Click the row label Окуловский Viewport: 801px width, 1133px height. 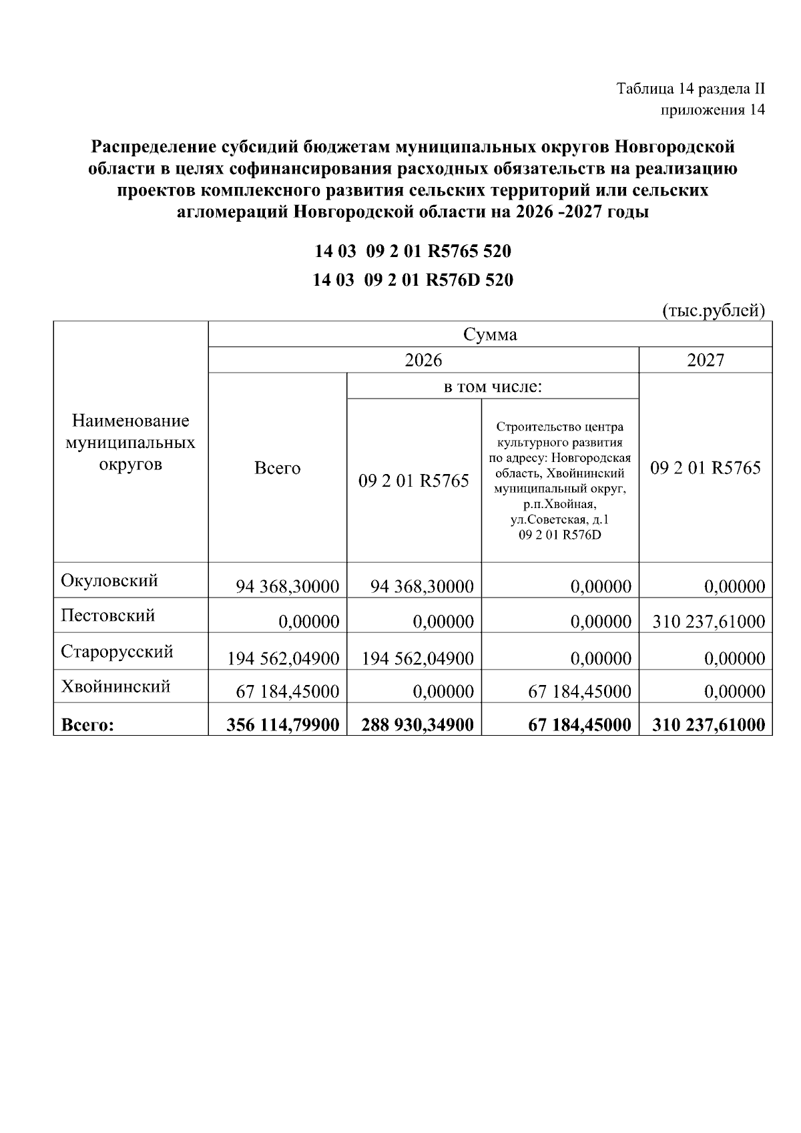pyautogui.click(x=109, y=580)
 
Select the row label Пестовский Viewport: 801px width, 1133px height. pyautogui.click(x=107, y=615)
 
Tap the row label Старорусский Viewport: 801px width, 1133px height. pyautogui.click(x=117, y=651)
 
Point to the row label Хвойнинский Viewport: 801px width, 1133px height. pyautogui.click(x=115, y=686)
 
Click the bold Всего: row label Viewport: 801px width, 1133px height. pyautogui.click(x=87, y=725)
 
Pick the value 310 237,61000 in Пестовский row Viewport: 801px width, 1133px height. pyautogui.click(x=707, y=622)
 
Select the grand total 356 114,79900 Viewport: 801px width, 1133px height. pyautogui.click(x=283, y=725)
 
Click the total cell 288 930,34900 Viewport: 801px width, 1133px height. pyautogui.click(x=417, y=725)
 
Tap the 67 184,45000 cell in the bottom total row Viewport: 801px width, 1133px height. pyautogui.click(x=579, y=725)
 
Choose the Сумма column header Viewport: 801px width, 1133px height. pyautogui.click(x=490, y=334)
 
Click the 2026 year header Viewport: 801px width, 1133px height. pyautogui.click(x=423, y=361)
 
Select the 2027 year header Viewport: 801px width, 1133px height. pyautogui.click(x=706, y=361)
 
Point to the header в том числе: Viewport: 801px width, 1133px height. pyautogui.click(x=493, y=387)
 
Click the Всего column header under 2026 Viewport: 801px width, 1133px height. pyautogui.click(x=278, y=468)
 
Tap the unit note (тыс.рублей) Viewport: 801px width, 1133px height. pyautogui.click(x=712, y=310)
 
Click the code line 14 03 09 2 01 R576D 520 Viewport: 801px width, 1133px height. pyautogui.click(x=413, y=280)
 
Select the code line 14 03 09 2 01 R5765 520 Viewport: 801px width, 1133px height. pyautogui.click(x=413, y=252)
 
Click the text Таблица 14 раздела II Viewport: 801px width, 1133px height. pyautogui.click(x=690, y=89)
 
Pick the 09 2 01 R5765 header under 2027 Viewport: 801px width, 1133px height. pyautogui.click(x=706, y=468)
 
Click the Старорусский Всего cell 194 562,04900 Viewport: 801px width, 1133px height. pyautogui.click(x=283, y=659)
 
